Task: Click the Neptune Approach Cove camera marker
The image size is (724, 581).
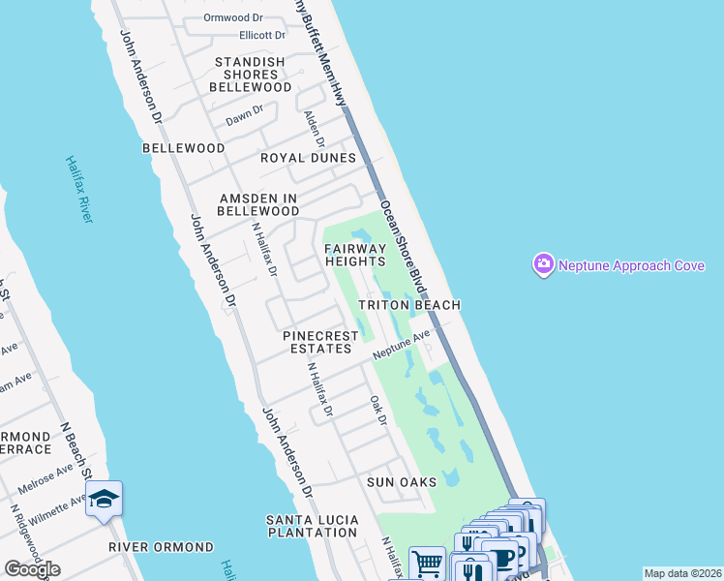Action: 543,263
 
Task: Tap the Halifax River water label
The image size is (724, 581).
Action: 79,189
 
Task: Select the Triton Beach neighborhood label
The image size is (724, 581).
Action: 408,304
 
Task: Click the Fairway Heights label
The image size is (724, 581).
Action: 355,255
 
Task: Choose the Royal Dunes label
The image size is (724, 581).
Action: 308,157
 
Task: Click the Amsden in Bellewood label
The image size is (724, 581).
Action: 257,203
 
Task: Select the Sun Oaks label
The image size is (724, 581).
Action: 401,481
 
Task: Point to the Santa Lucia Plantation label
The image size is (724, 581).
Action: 312,526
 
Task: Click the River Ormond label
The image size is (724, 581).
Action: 161,547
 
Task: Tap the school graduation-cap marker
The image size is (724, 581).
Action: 104,500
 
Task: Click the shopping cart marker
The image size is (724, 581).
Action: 427,562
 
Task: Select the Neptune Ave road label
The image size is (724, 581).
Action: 402,344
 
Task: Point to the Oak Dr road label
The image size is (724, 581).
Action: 378,410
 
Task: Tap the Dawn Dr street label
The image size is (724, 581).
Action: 244,116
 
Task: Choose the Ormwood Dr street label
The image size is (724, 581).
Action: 232,17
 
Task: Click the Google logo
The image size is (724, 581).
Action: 32,569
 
